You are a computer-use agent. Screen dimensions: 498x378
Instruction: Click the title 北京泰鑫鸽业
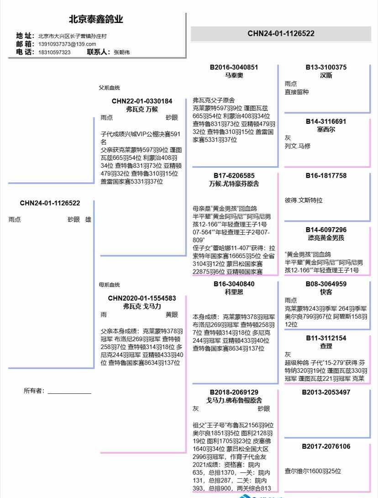click(96, 20)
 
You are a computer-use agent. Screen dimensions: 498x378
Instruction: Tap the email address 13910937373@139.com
click(67, 44)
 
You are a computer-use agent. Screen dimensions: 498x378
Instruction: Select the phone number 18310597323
click(54, 52)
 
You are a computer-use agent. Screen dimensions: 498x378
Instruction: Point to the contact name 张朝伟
click(121, 52)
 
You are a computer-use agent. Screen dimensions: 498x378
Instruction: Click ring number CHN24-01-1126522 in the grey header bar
click(281, 33)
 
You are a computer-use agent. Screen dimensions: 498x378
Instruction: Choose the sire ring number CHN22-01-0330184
click(142, 101)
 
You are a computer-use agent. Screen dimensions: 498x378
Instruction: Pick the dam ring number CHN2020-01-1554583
click(142, 298)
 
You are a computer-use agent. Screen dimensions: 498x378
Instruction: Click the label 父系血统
click(109, 88)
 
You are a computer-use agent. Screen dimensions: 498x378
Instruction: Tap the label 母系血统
click(109, 285)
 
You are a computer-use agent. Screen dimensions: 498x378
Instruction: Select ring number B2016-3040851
click(234, 67)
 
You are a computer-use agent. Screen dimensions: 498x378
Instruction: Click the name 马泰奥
click(234, 75)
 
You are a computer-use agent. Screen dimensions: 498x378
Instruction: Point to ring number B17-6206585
click(234, 175)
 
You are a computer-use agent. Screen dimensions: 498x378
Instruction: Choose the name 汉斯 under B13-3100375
click(326, 75)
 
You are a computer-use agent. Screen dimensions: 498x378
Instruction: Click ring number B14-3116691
click(326, 122)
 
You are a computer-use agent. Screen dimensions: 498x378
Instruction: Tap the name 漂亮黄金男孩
click(326, 238)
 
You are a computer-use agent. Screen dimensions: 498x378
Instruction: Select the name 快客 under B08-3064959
click(326, 291)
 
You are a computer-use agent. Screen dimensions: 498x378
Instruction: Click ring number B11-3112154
click(326, 338)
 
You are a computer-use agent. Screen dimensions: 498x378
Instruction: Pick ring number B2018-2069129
click(234, 392)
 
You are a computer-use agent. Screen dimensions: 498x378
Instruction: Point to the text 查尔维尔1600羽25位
click(313, 471)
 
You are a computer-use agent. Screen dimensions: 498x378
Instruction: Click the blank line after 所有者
click(69, 392)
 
